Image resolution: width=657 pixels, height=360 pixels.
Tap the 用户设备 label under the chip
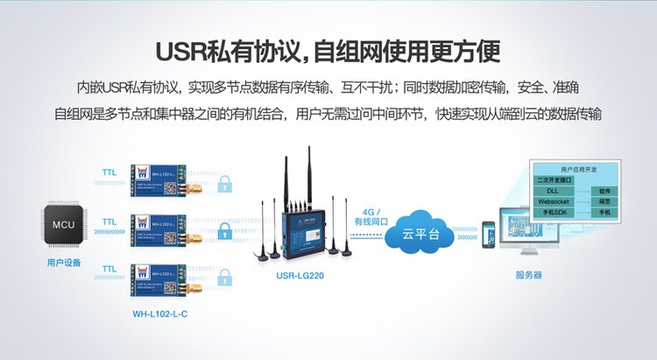(x=63, y=262)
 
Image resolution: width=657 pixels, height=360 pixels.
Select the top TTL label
(x=110, y=173)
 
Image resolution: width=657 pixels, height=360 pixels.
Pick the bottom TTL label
(x=110, y=268)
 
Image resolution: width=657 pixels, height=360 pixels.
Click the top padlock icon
(x=226, y=183)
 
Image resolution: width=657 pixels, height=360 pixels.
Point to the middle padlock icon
(x=226, y=231)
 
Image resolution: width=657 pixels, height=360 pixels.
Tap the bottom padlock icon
(x=226, y=279)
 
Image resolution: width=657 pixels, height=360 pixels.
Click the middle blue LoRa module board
(x=158, y=230)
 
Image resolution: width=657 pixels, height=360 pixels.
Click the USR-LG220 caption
(x=300, y=273)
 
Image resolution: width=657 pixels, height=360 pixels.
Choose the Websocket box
(x=559, y=201)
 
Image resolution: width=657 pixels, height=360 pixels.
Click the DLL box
(x=553, y=189)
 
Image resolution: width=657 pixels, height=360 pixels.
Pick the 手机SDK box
(x=557, y=212)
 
